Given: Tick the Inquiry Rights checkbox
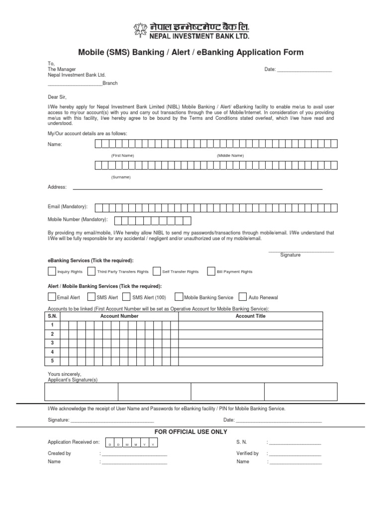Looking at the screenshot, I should pyautogui.click(x=52, y=271).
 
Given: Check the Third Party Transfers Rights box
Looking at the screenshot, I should pyautogui.click(x=92, y=271).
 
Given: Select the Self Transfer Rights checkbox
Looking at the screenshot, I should pyautogui.click(x=157, y=271).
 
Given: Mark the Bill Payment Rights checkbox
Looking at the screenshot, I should pyautogui.click(x=211, y=271).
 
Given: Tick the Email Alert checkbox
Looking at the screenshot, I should pyautogui.click(x=52, y=297).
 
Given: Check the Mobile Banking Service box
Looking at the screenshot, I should pyautogui.click(x=179, y=297).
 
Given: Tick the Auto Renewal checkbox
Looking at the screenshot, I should pyautogui.click(x=243, y=297).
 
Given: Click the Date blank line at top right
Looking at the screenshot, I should pyautogui.click(x=304, y=70).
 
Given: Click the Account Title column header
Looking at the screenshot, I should pyautogui.click(x=250, y=316).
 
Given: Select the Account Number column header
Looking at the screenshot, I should pyautogui.click(x=119, y=316).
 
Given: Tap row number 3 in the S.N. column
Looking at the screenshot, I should pyautogui.click(x=52, y=343).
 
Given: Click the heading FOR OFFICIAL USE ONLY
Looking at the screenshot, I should pyautogui.click(x=191, y=431).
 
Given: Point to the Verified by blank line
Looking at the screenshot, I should pyautogui.click(x=295, y=454).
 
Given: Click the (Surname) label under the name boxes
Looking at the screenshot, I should pyautogui.click(x=121, y=177).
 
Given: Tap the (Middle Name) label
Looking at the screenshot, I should pyautogui.click(x=230, y=156).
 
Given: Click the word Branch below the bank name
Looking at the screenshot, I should pyautogui.click(x=110, y=84).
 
